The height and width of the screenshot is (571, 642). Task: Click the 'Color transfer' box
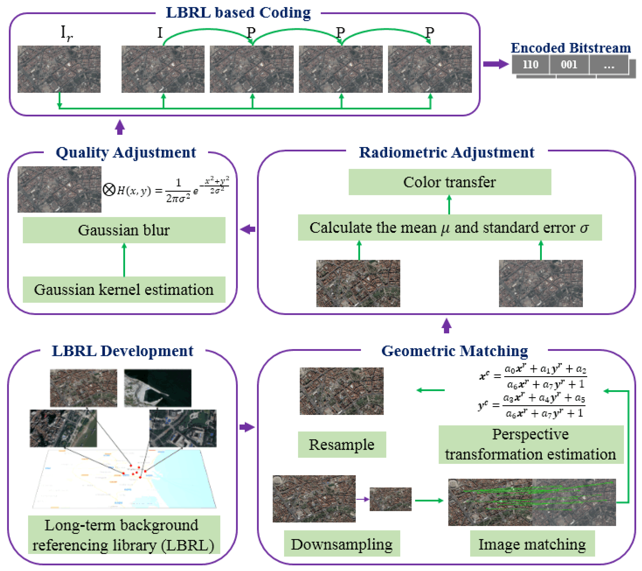pos(450,182)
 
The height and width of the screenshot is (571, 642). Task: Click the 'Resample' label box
pos(342,444)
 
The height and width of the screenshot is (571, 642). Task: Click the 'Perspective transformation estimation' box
pos(531,444)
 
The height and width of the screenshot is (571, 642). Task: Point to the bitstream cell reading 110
pos(531,64)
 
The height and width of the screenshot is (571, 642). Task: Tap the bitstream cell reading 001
pos(569,64)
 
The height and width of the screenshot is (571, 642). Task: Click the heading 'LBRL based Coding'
pos(238,13)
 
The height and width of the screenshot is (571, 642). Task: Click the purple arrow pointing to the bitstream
pos(495,64)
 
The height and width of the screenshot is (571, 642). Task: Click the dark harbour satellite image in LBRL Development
pos(158,388)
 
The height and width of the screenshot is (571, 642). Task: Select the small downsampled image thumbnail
pos(390,499)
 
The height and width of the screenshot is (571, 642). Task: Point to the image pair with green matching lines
pos(532,502)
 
